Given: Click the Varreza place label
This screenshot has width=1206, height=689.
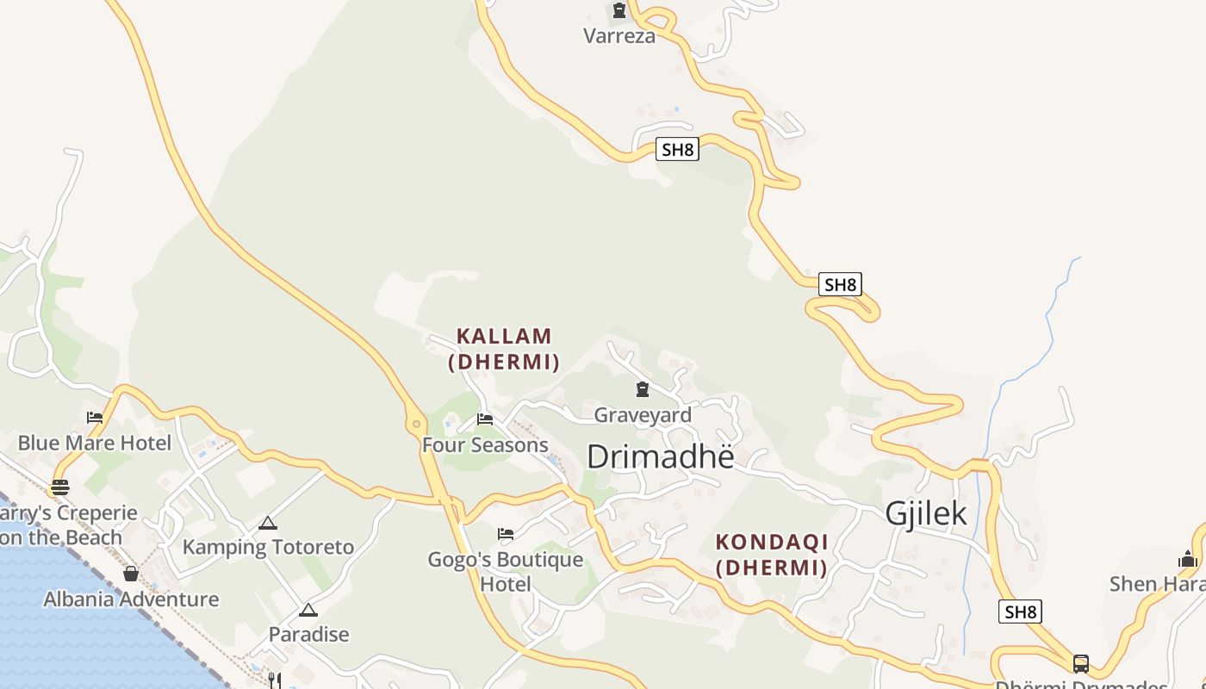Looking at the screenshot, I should click(619, 36).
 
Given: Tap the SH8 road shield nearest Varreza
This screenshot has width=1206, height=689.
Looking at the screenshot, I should click(676, 149).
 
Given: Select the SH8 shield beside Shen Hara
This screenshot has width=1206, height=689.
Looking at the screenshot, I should click(1020, 612).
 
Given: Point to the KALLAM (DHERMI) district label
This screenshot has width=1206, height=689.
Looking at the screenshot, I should click(504, 349).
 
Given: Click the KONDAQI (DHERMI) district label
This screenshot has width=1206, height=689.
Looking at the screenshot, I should click(772, 555).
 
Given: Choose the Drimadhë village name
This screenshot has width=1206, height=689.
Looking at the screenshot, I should click(661, 456).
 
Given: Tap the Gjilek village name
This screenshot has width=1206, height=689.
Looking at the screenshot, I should click(926, 514).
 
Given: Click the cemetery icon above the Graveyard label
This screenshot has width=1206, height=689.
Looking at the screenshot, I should click(642, 389).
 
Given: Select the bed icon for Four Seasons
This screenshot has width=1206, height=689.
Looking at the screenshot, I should click(485, 419).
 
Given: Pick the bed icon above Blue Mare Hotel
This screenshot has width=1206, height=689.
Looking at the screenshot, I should click(95, 418).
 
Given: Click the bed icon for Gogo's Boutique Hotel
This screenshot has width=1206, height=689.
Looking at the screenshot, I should click(506, 534).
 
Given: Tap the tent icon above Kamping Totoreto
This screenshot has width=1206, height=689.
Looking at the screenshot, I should click(268, 523).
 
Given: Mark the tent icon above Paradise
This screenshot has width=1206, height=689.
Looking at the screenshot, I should click(308, 610).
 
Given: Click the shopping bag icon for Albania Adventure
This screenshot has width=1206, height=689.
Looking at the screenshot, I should click(131, 574).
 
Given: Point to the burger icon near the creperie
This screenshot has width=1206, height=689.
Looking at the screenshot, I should click(59, 487).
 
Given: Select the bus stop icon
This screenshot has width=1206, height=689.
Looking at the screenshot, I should click(1080, 663).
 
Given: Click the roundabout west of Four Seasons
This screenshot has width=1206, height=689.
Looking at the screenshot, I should click(417, 423).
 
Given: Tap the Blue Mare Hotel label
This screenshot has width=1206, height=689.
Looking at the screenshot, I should click(95, 443).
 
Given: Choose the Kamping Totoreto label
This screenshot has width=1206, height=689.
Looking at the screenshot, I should click(268, 547).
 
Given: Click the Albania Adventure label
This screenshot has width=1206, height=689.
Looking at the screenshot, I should click(131, 599).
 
